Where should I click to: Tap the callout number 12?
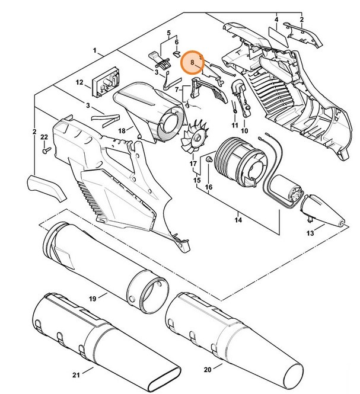(x=78, y=84)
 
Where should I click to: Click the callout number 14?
(x=238, y=220)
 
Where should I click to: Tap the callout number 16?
(x=208, y=187)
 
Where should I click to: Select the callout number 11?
(x=234, y=126)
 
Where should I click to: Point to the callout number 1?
(x=94, y=52)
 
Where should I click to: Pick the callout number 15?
(x=197, y=179)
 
